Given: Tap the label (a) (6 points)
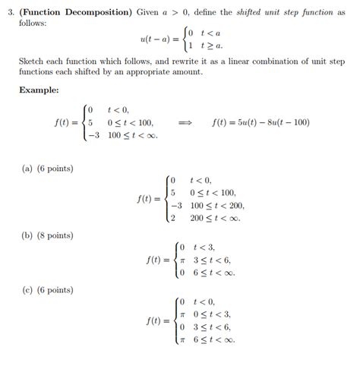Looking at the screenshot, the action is pyautogui.click(x=46, y=167).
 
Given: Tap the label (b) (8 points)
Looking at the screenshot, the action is pyautogui.click(x=46, y=235).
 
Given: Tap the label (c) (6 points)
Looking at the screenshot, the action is pyautogui.click(x=46, y=289).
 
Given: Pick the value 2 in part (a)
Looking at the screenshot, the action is pyautogui.click(x=173, y=219).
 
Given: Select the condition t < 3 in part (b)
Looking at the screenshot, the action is pyautogui.click(x=205, y=247).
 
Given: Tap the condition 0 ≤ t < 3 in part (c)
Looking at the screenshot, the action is pyautogui.click(x=212, y=314).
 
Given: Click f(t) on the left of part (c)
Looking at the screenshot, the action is pyautogui.click(x=156, y=320).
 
